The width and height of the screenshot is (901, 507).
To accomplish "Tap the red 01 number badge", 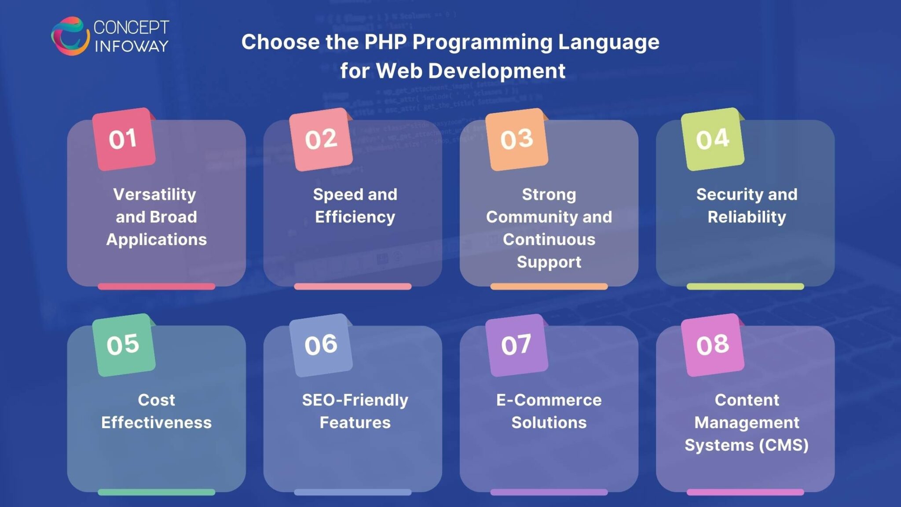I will click(x=124, y=139).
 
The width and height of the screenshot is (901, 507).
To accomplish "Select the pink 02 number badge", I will click(x=321, y=139).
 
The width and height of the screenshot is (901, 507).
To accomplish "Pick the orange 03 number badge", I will click(x=517, y=139).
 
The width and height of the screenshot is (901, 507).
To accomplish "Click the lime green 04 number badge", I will click(x=713, y=139).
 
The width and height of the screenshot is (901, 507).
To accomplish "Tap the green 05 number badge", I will click(x=124, y=345).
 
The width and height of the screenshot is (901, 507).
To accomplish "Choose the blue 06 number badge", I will click(x=321, y=345).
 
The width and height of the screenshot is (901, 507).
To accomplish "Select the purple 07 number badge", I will click(x=517, y=345).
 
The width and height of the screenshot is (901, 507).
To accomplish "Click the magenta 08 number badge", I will click(x=713, y=345).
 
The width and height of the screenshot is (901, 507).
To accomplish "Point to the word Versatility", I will click(x=154, y=195).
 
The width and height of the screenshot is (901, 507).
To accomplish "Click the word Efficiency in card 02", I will click(x=355, y=217).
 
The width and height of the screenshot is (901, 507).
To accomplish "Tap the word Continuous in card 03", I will click(x=549, y=239).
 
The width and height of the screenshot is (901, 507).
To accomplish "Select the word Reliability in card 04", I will click(x=747, y=217).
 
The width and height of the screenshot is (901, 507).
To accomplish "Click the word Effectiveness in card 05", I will click(x=156, y=422).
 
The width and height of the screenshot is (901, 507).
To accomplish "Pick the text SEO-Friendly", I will click(x=355, y=400).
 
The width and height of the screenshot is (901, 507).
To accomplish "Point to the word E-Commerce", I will click(x=549, y=400).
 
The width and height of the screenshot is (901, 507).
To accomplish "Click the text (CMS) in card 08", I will click(x=784, y=445).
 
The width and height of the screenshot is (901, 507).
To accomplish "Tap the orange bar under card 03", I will click(x=549, y=287).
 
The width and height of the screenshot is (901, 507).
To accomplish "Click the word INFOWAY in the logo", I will click(x=132, y=46).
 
